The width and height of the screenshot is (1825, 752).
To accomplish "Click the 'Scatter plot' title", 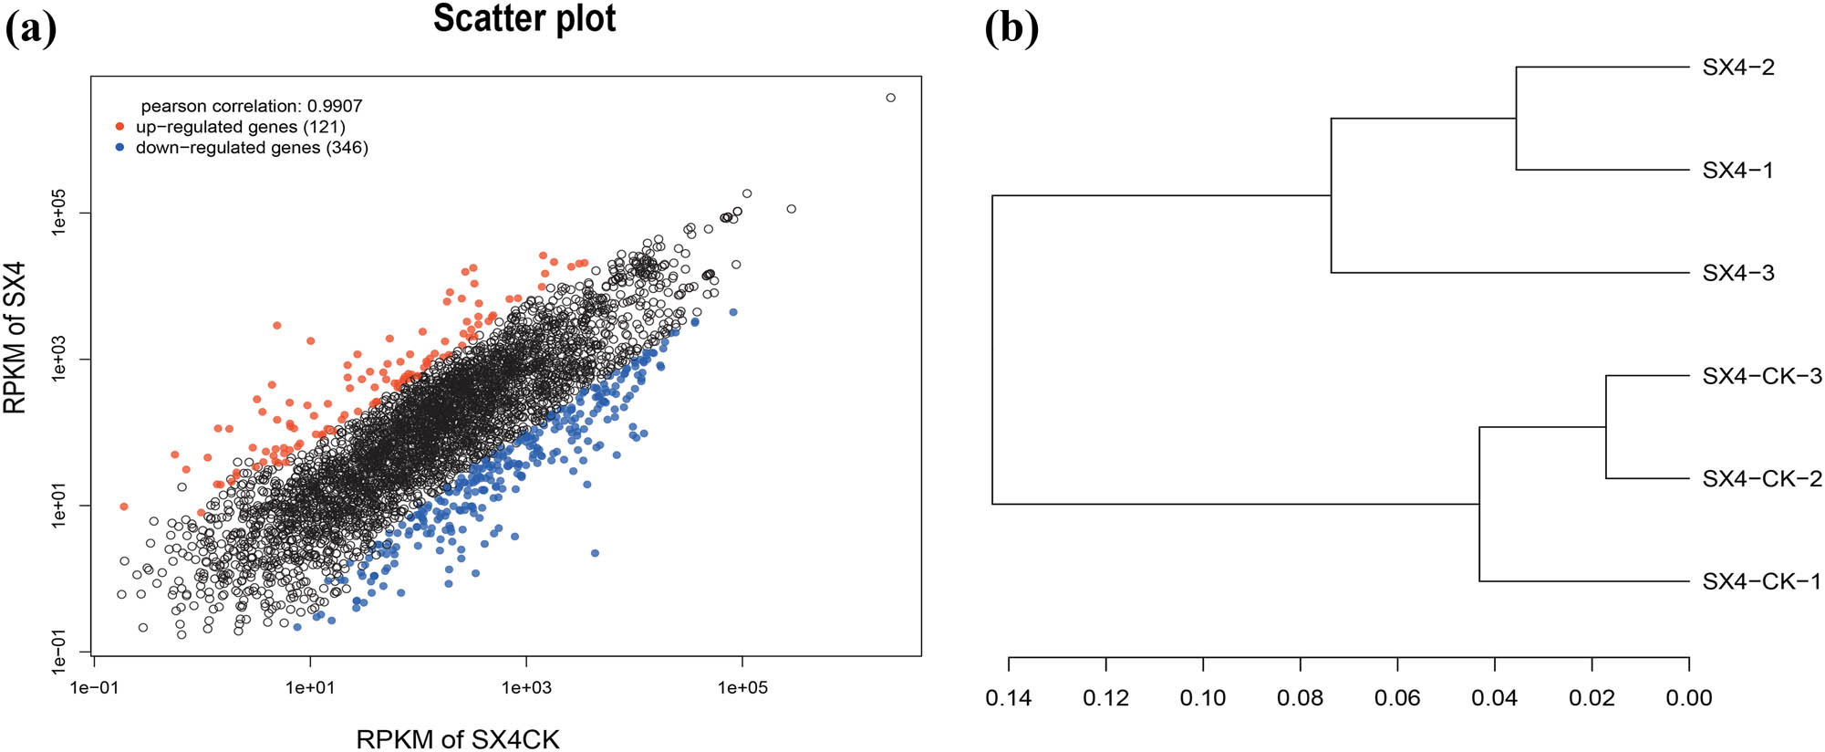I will coord(524,19).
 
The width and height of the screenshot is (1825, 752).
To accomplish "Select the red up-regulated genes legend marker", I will coord(120,127).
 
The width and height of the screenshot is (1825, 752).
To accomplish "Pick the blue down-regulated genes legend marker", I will coord(120,148).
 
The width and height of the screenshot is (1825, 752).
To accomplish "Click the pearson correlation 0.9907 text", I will coord(252,106).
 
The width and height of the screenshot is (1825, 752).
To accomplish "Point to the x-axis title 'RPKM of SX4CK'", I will coord(457,739).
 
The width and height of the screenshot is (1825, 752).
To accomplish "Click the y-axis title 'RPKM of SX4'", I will coord(16,338).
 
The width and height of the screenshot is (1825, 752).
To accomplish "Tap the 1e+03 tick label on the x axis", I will coord(526,687).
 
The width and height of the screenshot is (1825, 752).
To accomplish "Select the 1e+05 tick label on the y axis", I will coord(60,212).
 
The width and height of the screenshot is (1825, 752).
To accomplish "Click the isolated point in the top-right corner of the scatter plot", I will coord(891,98).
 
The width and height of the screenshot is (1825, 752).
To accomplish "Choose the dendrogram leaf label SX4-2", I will coord(1738,68).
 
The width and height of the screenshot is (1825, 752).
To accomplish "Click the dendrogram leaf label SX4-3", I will coord(1738,273).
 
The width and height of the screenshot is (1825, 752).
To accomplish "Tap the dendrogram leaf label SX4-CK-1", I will coord(1761,581).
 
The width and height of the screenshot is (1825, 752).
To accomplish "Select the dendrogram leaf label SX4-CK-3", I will coord(1761,376).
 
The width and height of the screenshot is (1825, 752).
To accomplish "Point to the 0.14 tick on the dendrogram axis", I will coord(1008,698).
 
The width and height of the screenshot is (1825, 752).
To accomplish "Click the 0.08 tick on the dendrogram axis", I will coord(1300,698).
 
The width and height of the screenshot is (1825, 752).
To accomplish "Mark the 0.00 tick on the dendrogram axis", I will coord(1689,698).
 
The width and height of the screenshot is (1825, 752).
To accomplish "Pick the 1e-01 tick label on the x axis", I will coord(94,687).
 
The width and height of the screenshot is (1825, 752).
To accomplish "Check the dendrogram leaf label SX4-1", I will coord(1737,171).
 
